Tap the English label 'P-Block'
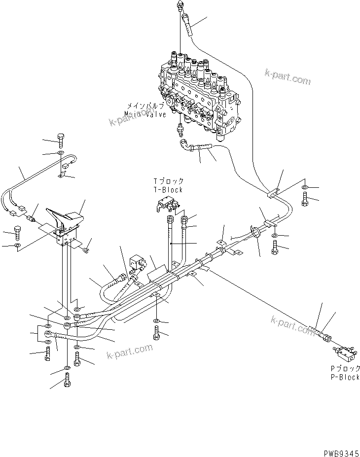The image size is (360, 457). pos(345,377)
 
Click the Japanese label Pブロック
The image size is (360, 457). pos(345,369)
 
